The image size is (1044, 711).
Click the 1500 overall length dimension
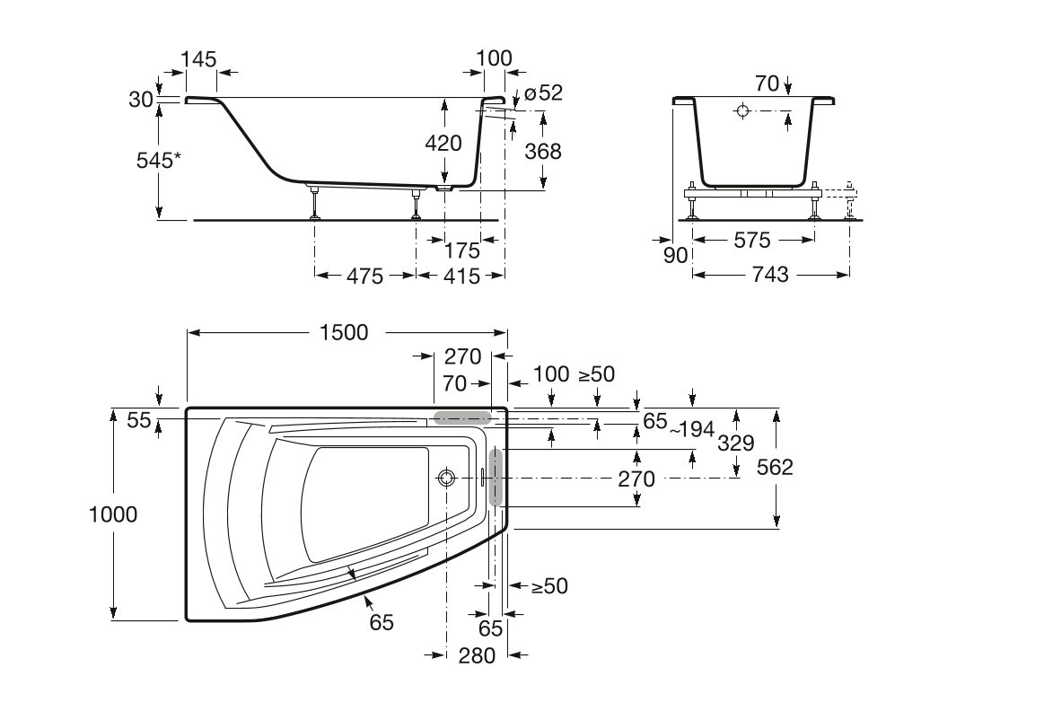point(343,332)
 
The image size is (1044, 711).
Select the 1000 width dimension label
point(113,514)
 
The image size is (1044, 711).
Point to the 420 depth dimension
point(443,143)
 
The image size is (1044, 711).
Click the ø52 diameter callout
point(543,92)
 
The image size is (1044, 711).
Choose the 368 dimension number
point(543,152)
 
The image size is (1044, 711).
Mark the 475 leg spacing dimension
point(364,276)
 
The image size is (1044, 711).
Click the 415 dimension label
point(461,276)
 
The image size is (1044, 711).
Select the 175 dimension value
point(461,250)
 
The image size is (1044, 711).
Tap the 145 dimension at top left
point(198,59)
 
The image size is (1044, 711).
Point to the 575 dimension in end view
point(752,241)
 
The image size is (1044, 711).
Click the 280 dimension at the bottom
point(477,656)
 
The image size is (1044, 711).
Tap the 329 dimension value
point(735,442)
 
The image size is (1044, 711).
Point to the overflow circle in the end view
point(742,111)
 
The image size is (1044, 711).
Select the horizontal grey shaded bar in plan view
point(462,417)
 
